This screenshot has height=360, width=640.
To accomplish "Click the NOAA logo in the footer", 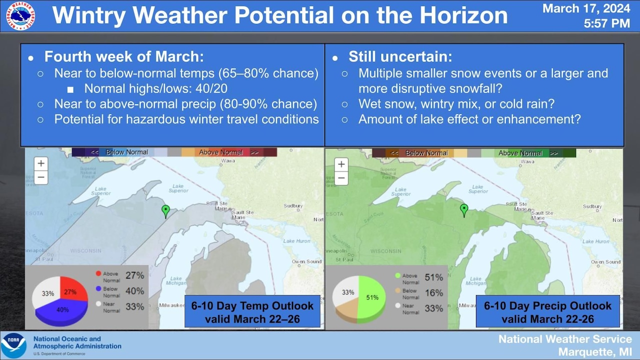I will tap(13, 345).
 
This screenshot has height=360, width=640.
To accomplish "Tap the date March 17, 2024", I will tap(586, 8).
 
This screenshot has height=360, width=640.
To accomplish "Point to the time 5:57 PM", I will tap(606, 23).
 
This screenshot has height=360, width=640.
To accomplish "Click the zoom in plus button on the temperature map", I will tap(41, 163).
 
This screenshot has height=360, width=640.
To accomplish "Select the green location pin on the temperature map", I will tap(166, 211).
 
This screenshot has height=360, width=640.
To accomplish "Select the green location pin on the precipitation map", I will tap(464, 210).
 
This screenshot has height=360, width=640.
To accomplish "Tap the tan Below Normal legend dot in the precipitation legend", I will tap(398, 290).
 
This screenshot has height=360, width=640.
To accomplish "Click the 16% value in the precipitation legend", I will tap(433, 293).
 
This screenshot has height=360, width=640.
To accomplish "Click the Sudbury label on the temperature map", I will tap(293, 206).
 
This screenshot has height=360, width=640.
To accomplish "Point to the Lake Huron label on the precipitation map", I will tap(595, 241).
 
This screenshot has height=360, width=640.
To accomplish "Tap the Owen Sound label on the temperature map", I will tap(306, 261).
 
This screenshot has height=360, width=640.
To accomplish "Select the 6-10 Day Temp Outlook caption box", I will tap(252, 312).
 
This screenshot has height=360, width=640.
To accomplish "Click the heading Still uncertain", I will tap(400, 57).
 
